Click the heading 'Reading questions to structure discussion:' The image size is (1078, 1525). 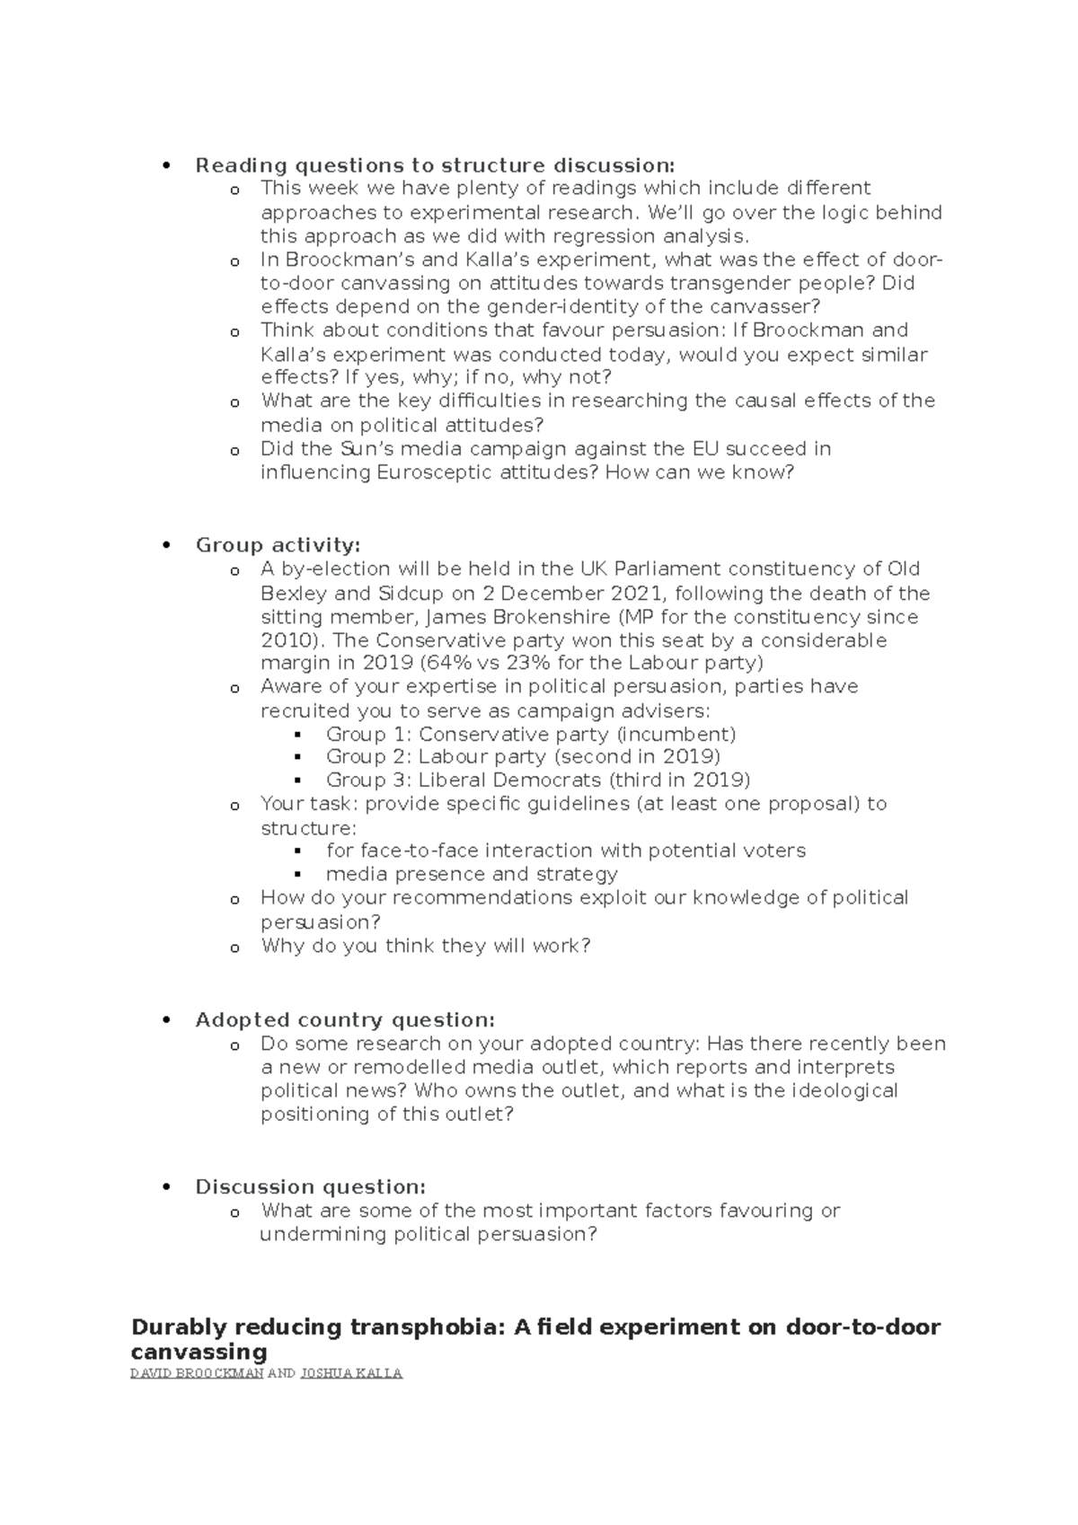tap(434, 165)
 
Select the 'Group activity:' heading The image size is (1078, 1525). tap(278, 545)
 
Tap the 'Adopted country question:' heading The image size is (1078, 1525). tap(345, 1020)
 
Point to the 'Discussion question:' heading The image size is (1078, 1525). tap(310, 1186)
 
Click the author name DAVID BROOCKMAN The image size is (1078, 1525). tap(197, 1373)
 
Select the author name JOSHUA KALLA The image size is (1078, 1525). tap(350, 1373)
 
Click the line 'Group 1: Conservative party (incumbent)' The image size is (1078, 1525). tap(531, 734)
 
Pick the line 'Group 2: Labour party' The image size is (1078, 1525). tap(523, 757)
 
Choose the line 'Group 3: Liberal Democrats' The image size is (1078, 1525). tap(537, 780)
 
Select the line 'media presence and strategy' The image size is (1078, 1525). tap(472, 874)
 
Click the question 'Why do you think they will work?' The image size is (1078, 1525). tap(425, 946)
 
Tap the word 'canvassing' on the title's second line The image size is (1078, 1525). tap(199, 1352)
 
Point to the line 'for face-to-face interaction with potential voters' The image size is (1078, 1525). tap(565, 851)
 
